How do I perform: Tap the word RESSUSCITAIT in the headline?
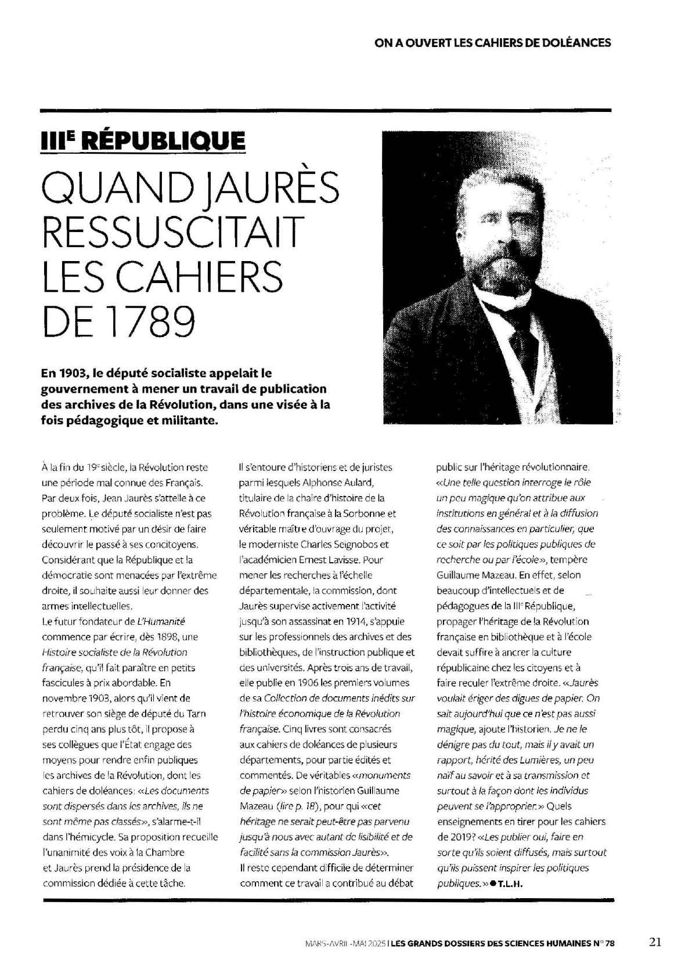(x=173, y=231)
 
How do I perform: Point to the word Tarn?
(x=197, y=714)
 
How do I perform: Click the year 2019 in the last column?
(x=459, y=837)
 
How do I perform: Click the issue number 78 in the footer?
(x=608, y=943)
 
